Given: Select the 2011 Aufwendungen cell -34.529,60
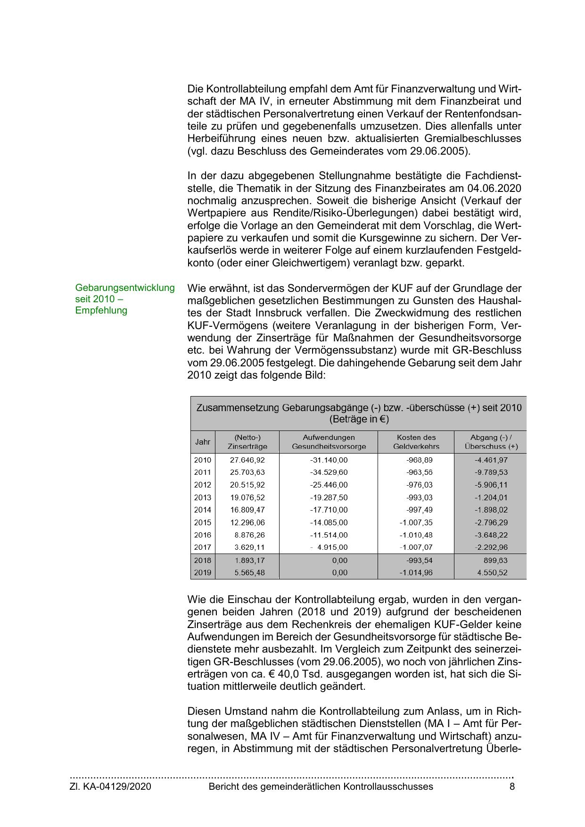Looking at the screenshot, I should pyautogui.click(x=329, y=472).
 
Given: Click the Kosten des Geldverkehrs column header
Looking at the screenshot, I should pyautogui.click(x=416, y=442).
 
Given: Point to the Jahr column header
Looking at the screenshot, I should pyautogui.click(x=203, y=442).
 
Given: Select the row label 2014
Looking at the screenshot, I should pyautogui.click(x=203, y=510).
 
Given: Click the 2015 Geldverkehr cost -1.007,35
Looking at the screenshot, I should pyautogui.click(x=416, y=522).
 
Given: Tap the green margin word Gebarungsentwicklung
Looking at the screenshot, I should pyautogui.click(x=125, y=288).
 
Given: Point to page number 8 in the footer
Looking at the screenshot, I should pyautogui.click(x=512, y=786).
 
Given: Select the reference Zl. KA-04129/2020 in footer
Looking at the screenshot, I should pyautogui.click(x=110, y=786).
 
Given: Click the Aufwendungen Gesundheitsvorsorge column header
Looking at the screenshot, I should pyautogui.click(x=329, y=442).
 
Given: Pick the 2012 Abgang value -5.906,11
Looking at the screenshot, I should pyautogui.click(x=491, y=485).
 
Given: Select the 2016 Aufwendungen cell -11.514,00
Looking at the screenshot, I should pyautogui.click(x=329, y=535).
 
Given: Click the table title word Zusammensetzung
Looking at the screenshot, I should pyautogui.click(x=238, y=407).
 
